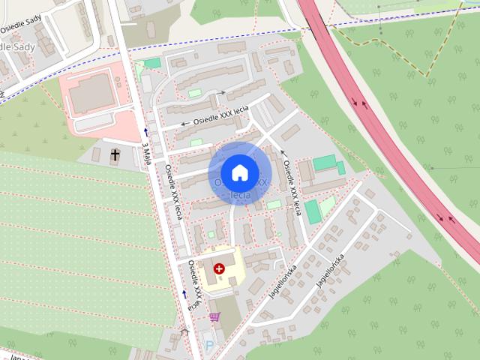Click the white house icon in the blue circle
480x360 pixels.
click(239, 172)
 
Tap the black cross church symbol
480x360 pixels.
click(115, 156)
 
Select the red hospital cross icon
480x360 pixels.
click(219, 268)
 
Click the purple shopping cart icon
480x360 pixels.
click(215, 318)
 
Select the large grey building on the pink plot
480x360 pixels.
click(91, 91)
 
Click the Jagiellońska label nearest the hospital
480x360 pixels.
click(284, 282)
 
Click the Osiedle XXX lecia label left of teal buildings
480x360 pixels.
click(292, 184)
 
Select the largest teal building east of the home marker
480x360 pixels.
click(325, 163)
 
